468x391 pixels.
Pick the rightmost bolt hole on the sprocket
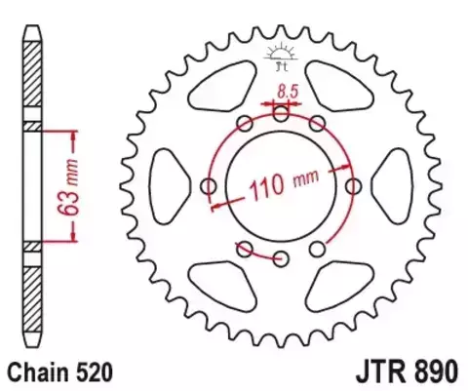coord(353,186)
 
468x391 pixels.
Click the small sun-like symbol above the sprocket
coord(281,56)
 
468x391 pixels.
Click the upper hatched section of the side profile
coord(33,78)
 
